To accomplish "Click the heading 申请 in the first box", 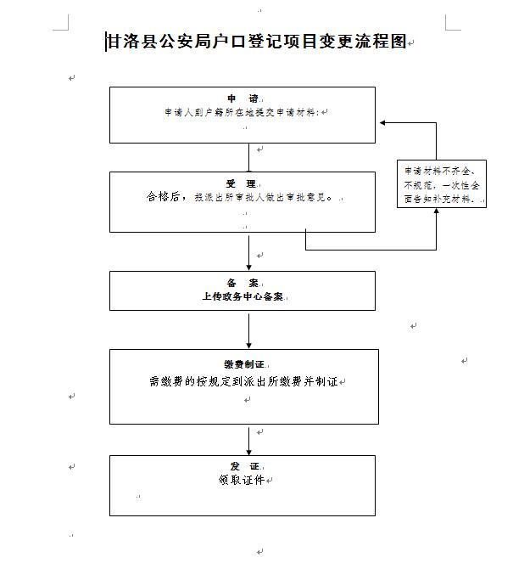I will (242, 99).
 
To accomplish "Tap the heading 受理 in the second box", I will (241, 183).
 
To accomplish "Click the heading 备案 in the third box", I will (242, 283).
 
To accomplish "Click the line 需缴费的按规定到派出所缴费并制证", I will (243, 382).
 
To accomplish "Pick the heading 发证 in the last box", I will (242, 467).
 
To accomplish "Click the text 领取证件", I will (241, 481).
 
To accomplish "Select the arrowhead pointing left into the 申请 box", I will (384, 123).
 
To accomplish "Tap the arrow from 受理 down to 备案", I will (249, 251).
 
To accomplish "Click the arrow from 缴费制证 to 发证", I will (249, 439).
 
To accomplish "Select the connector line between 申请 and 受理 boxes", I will (249, 157).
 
